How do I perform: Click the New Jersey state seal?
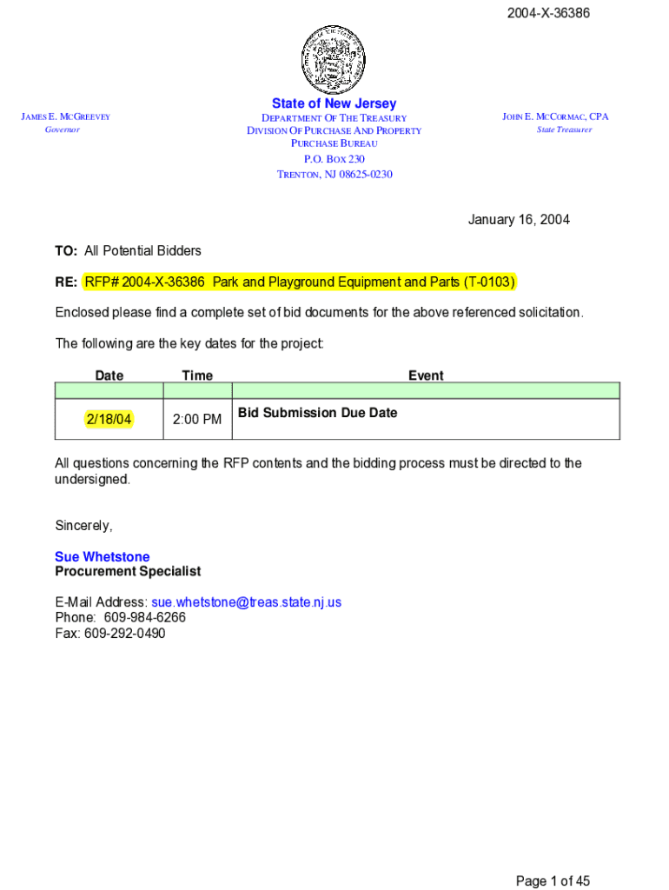pyautogui.click(x=334, y=58)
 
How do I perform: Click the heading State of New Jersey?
pyautogui.click(x=334, y=103)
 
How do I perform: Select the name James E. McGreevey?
pyautogui.click(x=66, y=117)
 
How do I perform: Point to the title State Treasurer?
pyautogui.click(x=564, y=130)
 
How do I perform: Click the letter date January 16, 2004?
pyautogui.click(x=519, y=220)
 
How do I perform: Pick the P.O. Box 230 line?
pyautogui.click(x=334, y=159)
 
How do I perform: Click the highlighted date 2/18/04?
pyautogui.click(x=109, y=420)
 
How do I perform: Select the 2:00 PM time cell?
pyautogui.click(x=197, y=420)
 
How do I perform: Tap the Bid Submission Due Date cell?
pyautogui.click(x=317, y=413)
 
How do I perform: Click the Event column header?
pyautogui.click(x=426, y=375)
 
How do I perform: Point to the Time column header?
pyautogui.click(x=197, y=375)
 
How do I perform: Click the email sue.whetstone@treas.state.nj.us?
pyautogui.click(x=247, y=601)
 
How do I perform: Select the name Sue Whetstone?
pyautogui.click(x=102, y=557)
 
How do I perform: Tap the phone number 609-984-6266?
pyautogui.click(x=144, y=617)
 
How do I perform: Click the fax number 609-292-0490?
pyautogui.click(x=124, y=633)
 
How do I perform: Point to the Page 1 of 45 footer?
pyautogui.click(x=553, y=881)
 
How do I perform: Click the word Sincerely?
pyautogui.click(x=83, y=526)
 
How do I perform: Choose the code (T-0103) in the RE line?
pyautogui.click(x=489, y=282)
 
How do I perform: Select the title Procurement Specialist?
pyautogui.click(x=128, y=571)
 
